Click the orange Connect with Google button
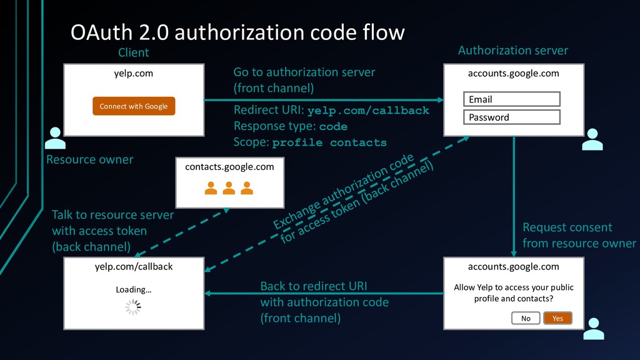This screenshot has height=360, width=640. point(134,106)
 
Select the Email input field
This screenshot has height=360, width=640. point(512,99)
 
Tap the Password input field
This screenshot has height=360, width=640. point(512,117)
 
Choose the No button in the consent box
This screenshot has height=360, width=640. point(526,318)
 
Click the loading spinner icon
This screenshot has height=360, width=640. point(133,307)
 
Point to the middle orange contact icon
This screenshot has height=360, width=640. point(229,188)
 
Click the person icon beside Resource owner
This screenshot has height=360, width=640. point(55,138)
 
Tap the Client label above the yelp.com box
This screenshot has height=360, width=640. point(134,52)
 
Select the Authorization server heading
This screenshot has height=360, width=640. point(513,50)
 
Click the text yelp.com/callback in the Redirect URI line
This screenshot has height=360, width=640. point(368,111)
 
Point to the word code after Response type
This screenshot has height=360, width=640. point(334,126)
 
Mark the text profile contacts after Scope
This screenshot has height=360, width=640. point(329,142)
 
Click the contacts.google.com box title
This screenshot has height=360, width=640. point(229,167)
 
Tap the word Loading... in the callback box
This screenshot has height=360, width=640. point(134,290)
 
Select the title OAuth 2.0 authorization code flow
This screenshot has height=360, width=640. point(237,32)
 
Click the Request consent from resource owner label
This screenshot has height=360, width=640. point(579,235)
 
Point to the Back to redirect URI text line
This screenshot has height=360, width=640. point(314,286)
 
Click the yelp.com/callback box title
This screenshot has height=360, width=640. point(134,266)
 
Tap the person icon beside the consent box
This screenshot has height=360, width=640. point(594,329)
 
